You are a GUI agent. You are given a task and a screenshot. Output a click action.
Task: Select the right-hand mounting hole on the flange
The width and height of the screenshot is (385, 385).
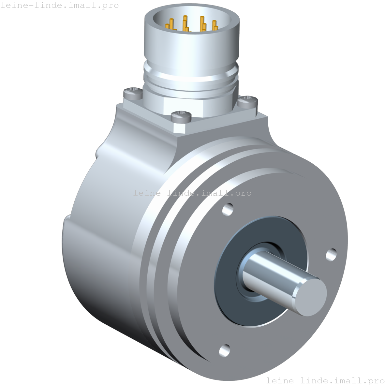331,254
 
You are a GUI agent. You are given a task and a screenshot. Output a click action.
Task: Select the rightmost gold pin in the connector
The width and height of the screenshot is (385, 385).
214,25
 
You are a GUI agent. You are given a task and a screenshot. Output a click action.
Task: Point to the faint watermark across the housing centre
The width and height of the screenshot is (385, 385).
192,193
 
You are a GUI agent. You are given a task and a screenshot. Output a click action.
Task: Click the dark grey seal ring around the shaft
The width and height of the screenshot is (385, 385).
228,293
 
